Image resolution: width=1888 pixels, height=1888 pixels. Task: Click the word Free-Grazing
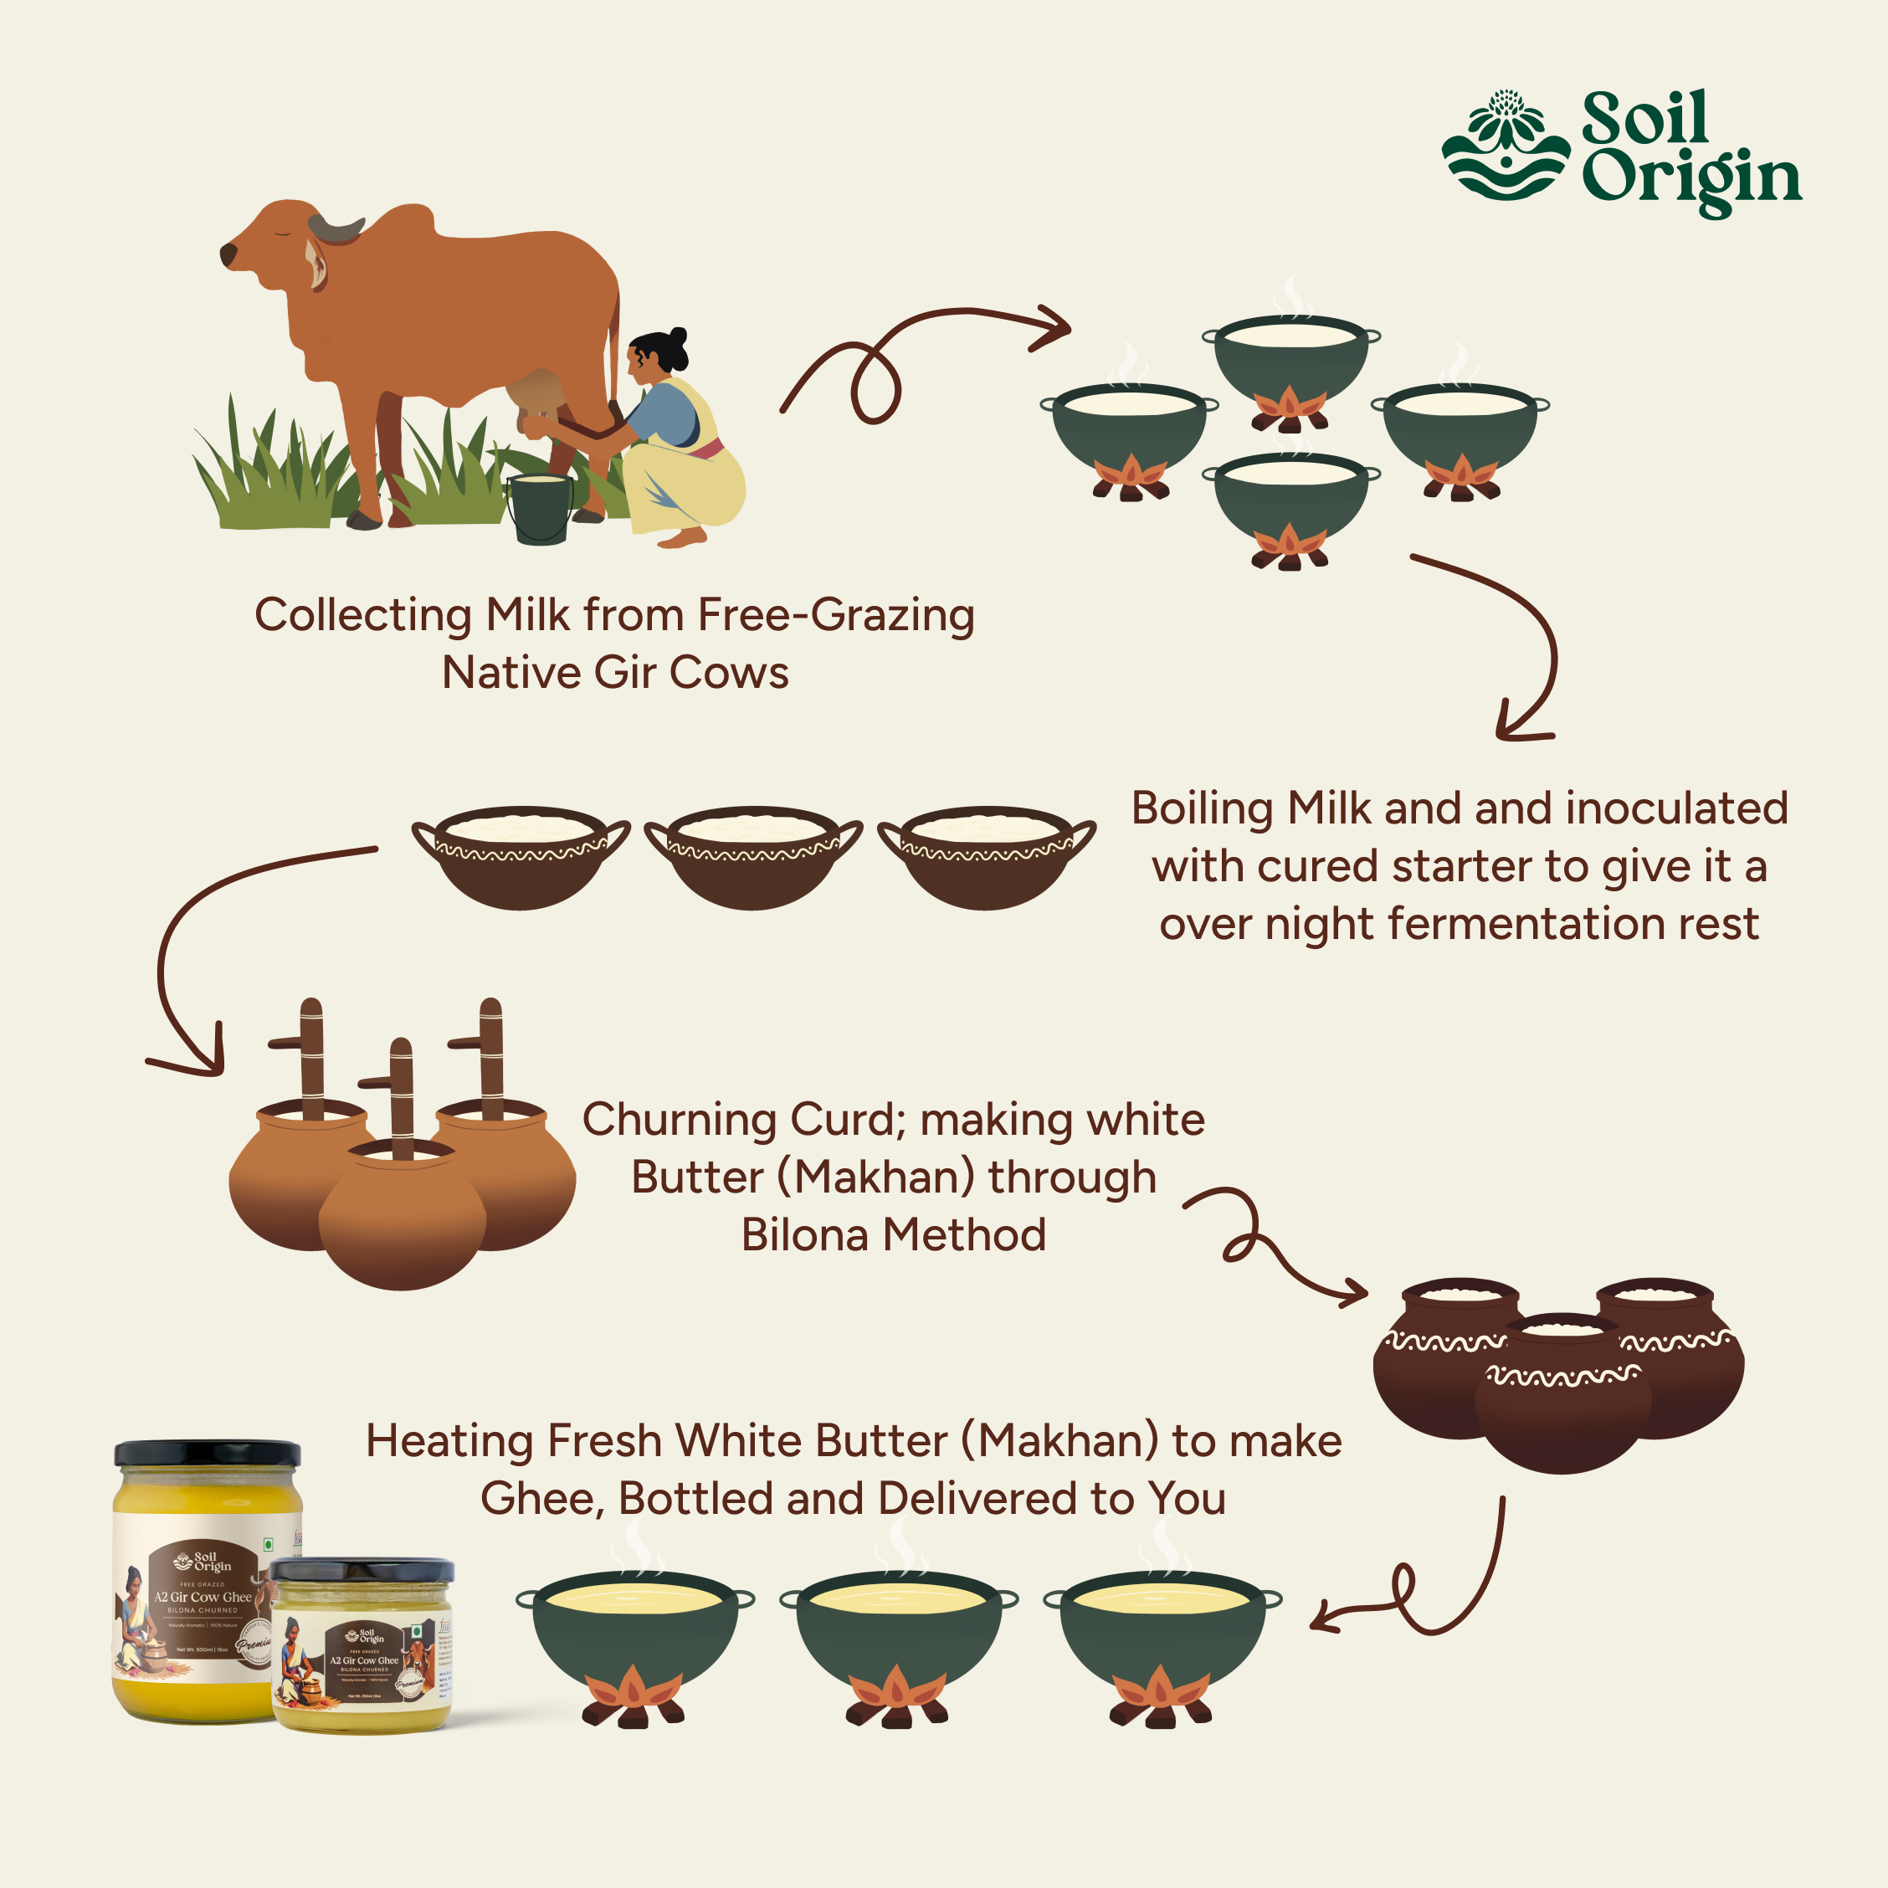835,616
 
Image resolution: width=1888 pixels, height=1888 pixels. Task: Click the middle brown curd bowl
753,857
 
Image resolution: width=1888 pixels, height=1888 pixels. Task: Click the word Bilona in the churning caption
804,1235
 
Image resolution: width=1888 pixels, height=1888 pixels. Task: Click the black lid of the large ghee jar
208,1453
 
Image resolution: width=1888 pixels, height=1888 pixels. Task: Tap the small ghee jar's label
362,1660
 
